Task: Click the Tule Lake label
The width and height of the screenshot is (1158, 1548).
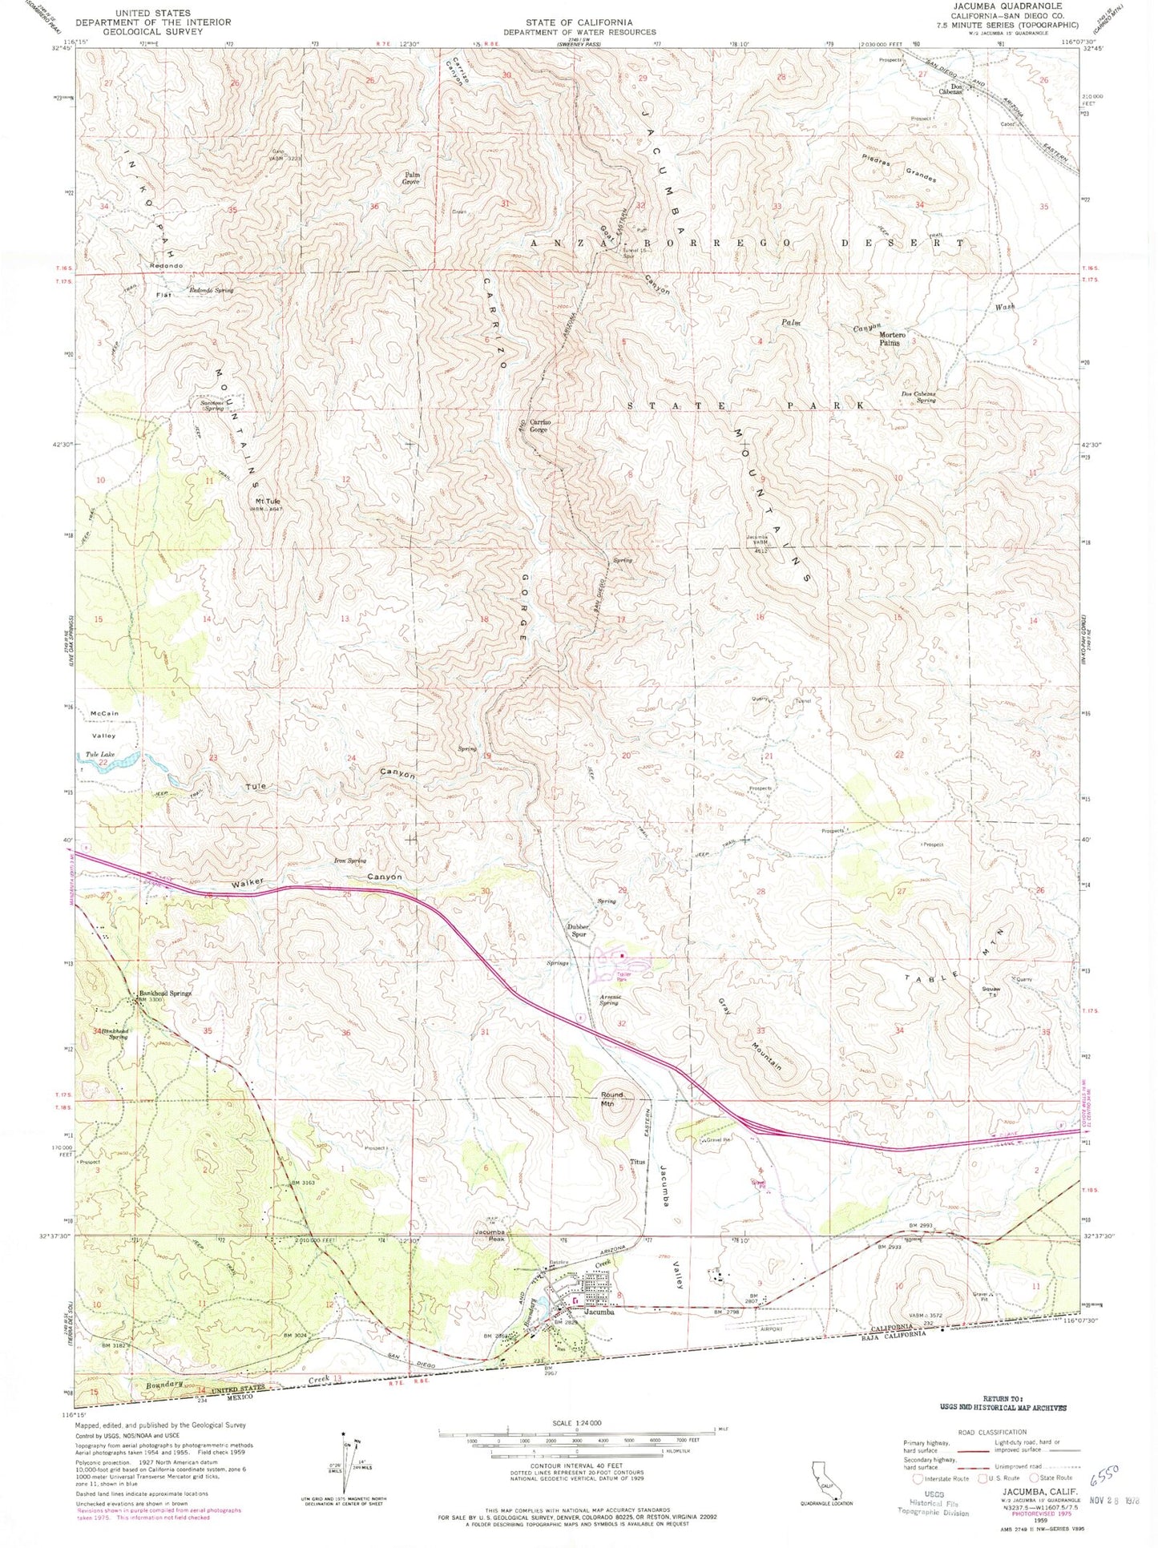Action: tap(101, 755)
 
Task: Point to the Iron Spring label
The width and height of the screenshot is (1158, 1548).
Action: tap(349, 861)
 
